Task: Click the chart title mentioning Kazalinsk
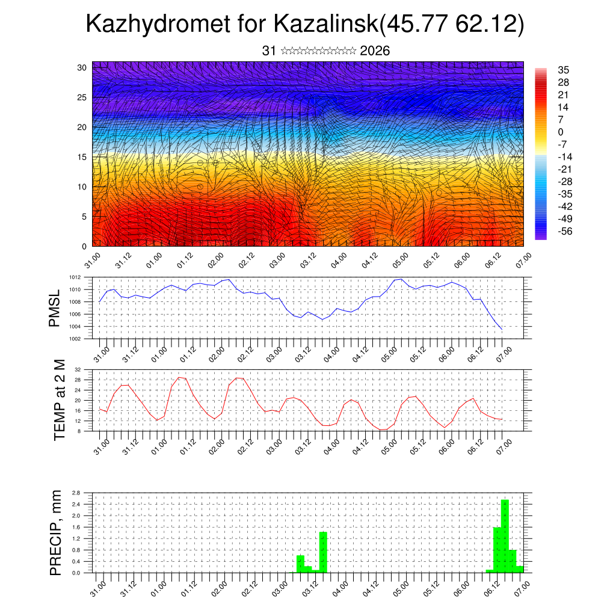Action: pos(305,24)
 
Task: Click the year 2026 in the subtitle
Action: pos(375,51)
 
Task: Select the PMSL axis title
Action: pos(55,308)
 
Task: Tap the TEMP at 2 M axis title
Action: pos(59,400)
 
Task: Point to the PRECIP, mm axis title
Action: pos(55,532)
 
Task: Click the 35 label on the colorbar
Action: pos(564,70)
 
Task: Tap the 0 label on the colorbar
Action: pos(561,132)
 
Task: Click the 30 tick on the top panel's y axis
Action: pos(82,67)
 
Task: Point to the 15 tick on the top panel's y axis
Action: pos(82,157)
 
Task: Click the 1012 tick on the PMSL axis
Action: pos(75,277)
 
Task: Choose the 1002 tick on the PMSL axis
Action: pos(75,339)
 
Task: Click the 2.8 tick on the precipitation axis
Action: pos(76,493)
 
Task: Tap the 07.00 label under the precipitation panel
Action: pos(522,585)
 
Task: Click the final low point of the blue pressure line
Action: pos(502,328)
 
